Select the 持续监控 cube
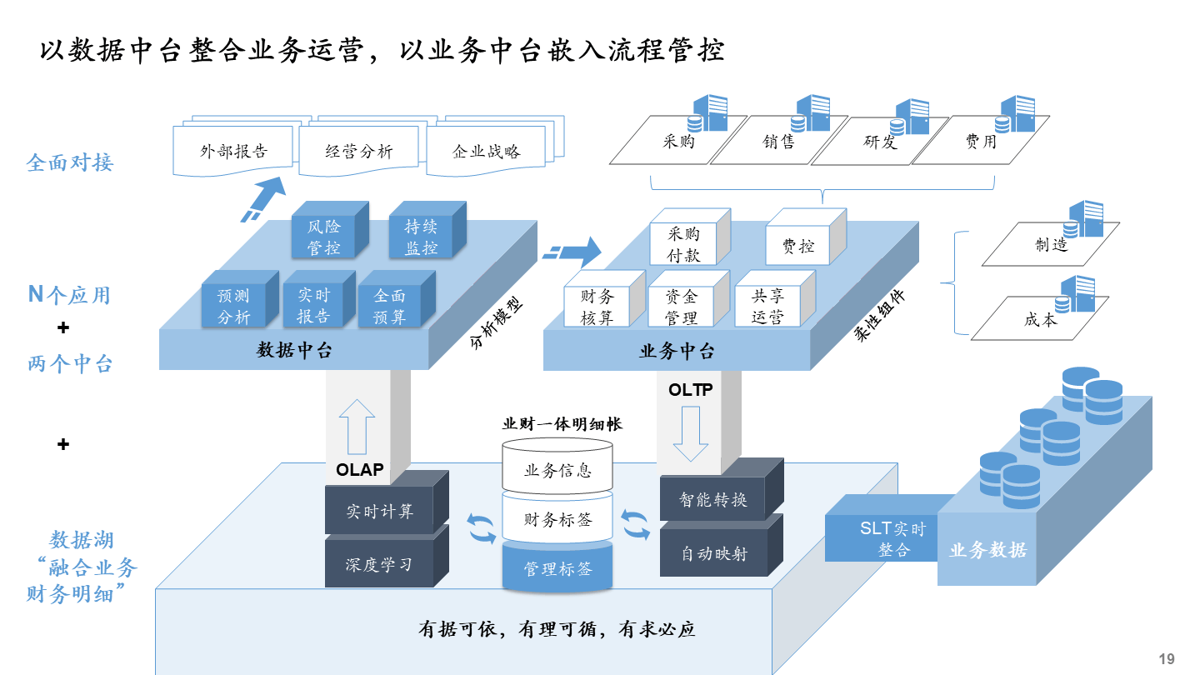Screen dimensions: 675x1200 click(x=421, y=237)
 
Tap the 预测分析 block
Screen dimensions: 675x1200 click(x=233, y=306)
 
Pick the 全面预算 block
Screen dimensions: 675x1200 click(x=389, y=306)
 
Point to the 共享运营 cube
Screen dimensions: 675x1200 click(x=767, y=306)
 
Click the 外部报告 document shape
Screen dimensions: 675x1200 click(x=233, y=152)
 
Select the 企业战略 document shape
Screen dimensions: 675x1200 click(x=486, y=152)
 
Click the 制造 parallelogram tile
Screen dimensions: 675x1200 click(x=1050, y=244)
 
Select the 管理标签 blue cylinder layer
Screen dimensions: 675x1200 click(x=557, y=569)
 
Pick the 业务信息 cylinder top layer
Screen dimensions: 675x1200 click(x=557, y=469)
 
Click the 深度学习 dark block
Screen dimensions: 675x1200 click(x=378, y=564)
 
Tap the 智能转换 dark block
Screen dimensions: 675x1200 click(x=712, y=500)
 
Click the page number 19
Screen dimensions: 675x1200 click(x=1166, y=659)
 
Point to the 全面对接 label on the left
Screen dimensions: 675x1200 click(x=69, y=162)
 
